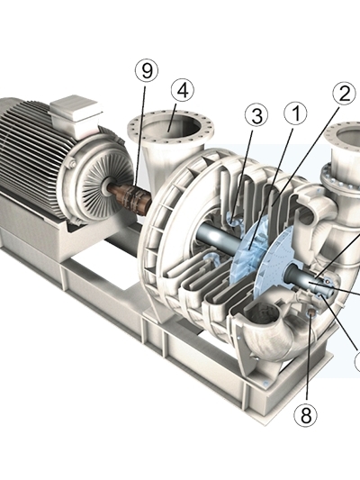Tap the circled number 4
pos(183,91)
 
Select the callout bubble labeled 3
pos(256,116)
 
